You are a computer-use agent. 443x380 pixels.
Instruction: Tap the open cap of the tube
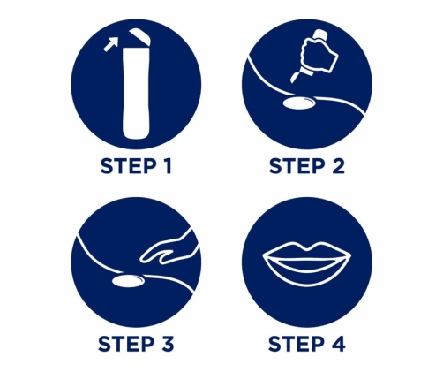coord(140,36)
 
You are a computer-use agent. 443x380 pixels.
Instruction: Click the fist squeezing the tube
coord(319,56)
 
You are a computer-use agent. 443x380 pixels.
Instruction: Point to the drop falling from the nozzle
coord(296,77)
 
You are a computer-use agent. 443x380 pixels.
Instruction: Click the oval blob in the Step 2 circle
coord(299,103)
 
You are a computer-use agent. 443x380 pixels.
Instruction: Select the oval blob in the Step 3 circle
coord(129,281)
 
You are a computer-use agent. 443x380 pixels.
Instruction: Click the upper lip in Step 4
coord(307,251)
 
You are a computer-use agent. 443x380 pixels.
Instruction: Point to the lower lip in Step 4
coord(307,274)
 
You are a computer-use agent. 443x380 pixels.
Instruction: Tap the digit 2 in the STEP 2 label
coord(337,166)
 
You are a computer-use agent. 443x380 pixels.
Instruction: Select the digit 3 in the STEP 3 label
coord(167,344)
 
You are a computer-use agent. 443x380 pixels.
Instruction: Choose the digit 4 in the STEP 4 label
coord(337,344)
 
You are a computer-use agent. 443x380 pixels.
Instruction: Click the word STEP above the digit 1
coord(128,166)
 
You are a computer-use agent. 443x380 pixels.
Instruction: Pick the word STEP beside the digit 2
coord(297,166)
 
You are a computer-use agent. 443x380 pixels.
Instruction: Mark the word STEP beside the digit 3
coord(126,344)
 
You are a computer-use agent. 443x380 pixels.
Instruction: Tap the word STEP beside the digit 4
coord(296,344)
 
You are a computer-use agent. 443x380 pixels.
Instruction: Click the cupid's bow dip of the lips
coord(307,250)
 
